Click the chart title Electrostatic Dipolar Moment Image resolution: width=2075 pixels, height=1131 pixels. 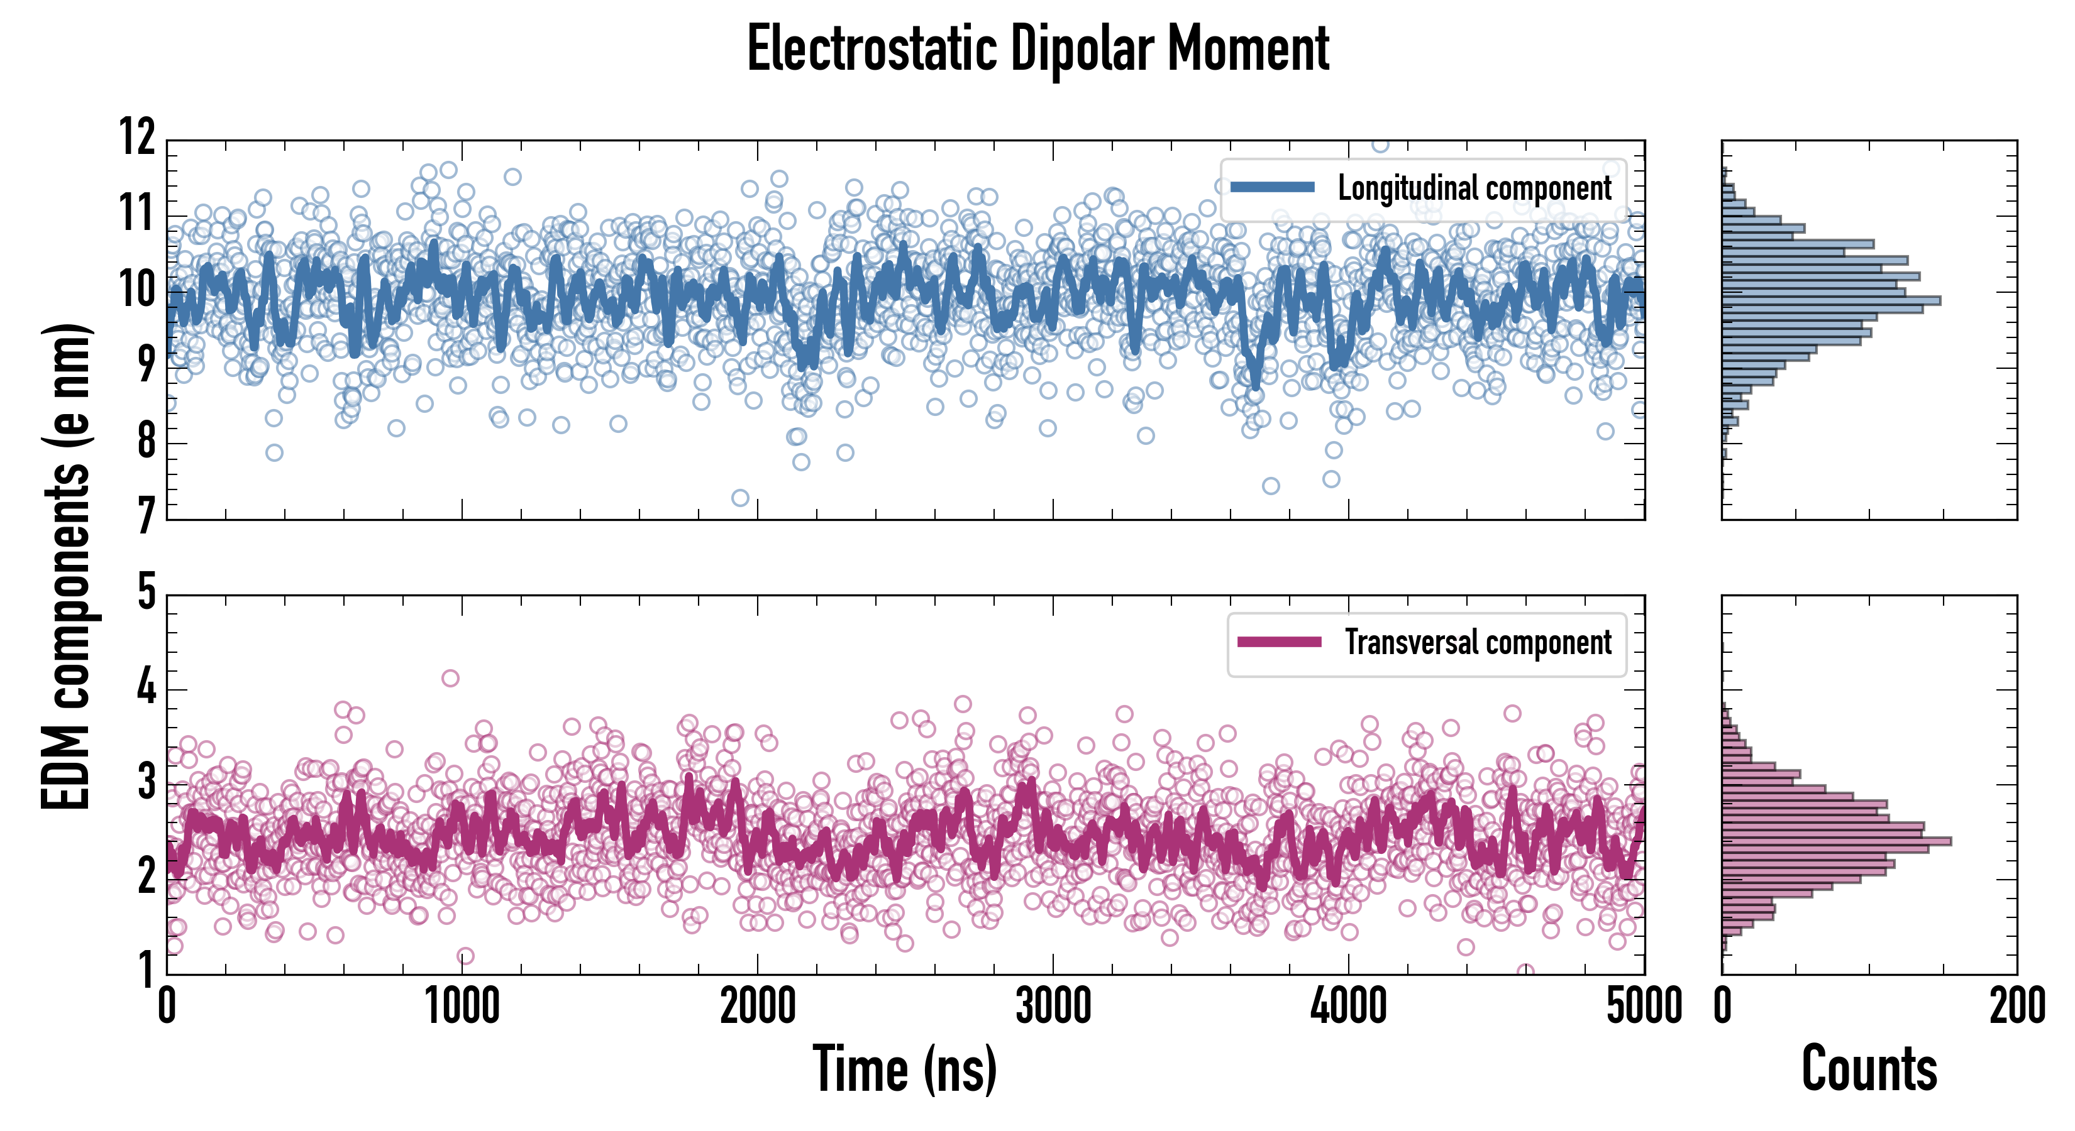click(x=1037, y=49)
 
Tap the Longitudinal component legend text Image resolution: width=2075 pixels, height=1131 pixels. click(x=1474, y=188)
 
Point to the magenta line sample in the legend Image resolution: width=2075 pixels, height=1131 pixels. click(x=1279, y=642)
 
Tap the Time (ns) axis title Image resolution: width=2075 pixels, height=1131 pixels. click(x=905, y=1068)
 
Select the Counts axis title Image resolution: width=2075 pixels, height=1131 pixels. click(x=1869, y=1068)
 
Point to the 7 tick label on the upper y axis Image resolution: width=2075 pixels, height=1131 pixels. click(x=145, y=515)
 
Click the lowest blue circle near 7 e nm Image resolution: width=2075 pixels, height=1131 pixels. click(x=739, y=498)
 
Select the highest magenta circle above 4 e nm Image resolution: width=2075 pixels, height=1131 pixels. click(x=450, y=678)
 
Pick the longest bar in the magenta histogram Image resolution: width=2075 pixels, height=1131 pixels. click(x=1836, y=841)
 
